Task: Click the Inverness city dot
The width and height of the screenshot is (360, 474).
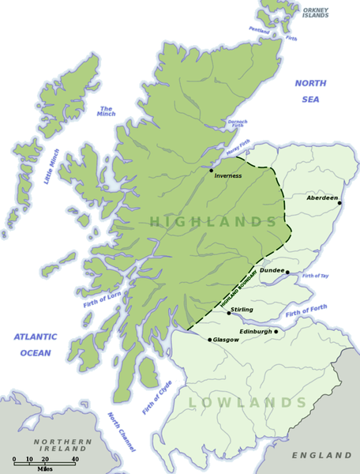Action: [211, 170]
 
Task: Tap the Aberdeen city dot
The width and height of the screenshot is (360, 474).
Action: [339, 203]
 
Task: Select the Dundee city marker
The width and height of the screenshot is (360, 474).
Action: [287, 273]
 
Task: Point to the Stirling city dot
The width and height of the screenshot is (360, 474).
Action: [229, 313]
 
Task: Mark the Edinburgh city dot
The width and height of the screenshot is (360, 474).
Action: [276, 332]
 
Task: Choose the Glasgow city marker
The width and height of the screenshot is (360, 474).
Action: [209, 340]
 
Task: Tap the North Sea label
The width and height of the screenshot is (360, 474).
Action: [309, 91]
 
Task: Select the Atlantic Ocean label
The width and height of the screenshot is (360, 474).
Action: [36, 344]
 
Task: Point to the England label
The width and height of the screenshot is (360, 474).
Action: [322, 456]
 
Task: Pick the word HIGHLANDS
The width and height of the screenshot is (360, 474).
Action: [212, 222]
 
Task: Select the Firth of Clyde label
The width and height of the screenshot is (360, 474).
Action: [156, 397]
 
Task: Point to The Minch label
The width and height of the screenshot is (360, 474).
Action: [107, 112]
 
